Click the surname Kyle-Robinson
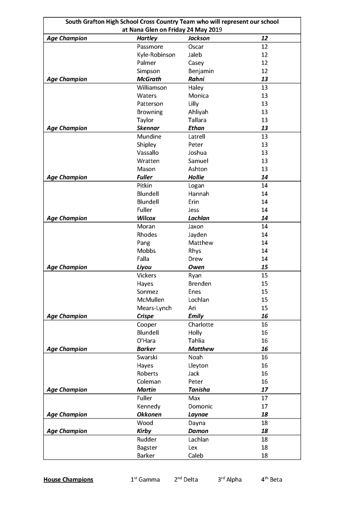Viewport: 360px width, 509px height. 156,55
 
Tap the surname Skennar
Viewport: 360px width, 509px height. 148,128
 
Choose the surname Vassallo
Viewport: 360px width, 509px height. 148,153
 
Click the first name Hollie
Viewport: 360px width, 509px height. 196,177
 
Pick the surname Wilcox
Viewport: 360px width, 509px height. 146,218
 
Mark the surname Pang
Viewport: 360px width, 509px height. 143,243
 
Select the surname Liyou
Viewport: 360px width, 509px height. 145,267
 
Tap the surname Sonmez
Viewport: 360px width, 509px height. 147,292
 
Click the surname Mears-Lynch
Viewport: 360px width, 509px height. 154,308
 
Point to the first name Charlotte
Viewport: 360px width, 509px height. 201,325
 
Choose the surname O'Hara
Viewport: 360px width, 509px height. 146,341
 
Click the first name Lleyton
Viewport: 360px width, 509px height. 198,366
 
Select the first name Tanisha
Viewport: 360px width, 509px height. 199,390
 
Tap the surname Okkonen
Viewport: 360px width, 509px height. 149,415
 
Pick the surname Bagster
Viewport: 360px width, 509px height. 147,448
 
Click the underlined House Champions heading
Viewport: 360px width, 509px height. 68,480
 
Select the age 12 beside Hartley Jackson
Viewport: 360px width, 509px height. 265,38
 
